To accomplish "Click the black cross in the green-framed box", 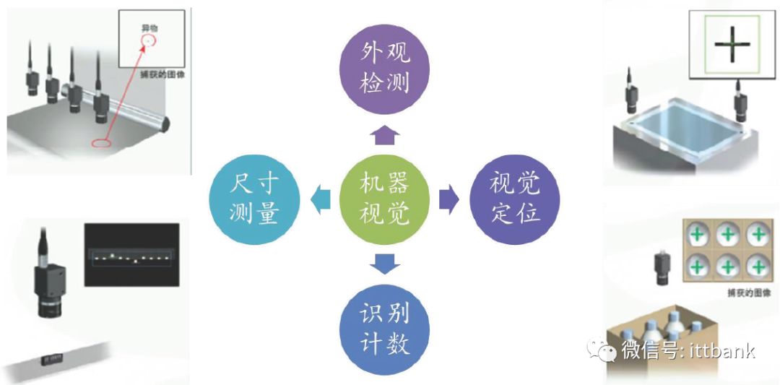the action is tap(732, 44).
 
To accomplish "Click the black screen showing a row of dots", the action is tap(131, 255).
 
